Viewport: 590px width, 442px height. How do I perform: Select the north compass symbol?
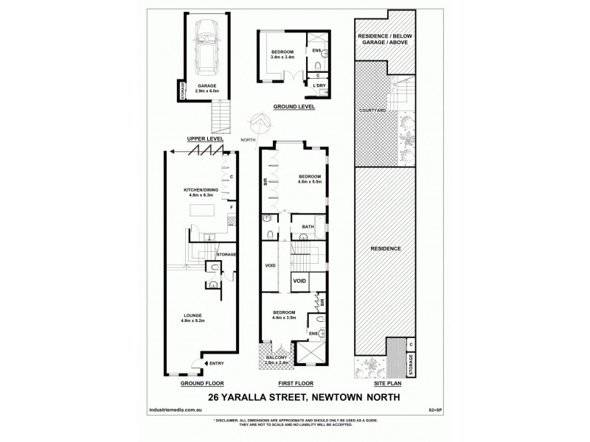pyautogui.click(x=260, y=122)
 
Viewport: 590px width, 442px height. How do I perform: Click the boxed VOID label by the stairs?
pyautogui.click(x=300, y=280)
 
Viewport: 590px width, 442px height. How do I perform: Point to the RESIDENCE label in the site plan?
pyautogui.click(x=386, y=248)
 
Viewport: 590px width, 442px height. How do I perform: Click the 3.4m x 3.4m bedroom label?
pyautogui.click(x=282, y=54)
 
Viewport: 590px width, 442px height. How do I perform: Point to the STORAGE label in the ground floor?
pyautogui.click(x=225, y=254)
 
